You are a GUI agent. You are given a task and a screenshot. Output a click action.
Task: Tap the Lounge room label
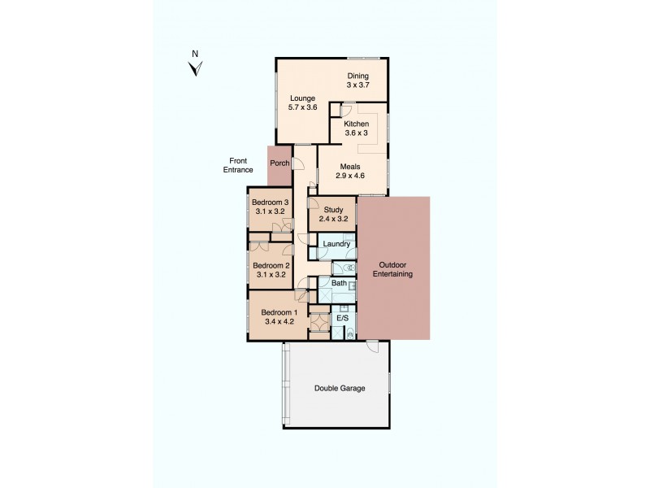(x=302, y=99)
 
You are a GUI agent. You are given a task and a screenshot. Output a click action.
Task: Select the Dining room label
(x=358, y=76)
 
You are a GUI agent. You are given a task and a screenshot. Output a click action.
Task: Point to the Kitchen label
(x=357, y=124)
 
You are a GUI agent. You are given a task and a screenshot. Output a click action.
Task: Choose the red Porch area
(x=279, y=163)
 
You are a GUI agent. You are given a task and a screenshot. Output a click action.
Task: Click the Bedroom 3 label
(x=270, y=203)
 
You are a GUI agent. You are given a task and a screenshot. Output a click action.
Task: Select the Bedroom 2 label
(x=271, y=265)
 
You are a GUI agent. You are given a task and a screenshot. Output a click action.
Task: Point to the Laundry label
(x=336, y=244)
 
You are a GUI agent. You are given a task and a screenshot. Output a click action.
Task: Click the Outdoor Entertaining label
(x=393, y=269)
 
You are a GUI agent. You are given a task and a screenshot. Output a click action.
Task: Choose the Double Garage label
(x=340, y=388)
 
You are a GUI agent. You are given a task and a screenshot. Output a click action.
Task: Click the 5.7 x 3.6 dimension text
(x=302, y=108)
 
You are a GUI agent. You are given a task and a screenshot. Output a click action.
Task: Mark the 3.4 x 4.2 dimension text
(x=279, y=322)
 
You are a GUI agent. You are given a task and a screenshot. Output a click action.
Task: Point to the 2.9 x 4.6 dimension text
(x=351, y=175)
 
